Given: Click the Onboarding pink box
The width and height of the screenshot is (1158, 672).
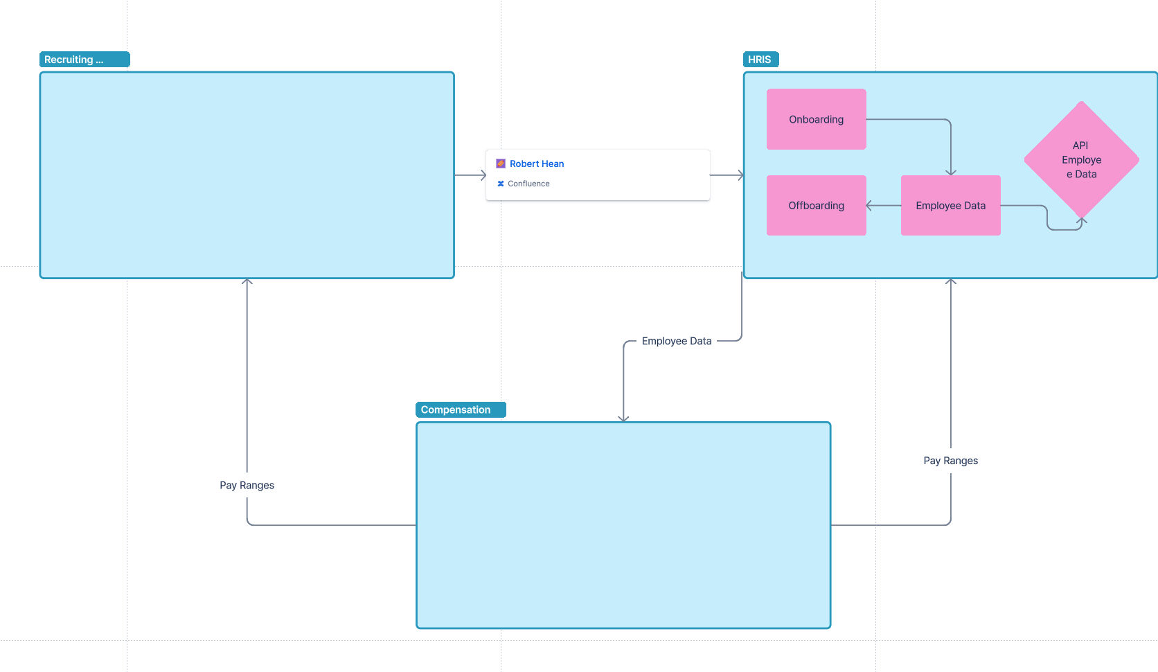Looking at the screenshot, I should point(816,119).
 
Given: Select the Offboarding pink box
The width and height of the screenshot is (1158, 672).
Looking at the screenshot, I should point(816,206).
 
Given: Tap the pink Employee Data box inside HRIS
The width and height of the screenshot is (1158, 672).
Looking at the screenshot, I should point(950,206).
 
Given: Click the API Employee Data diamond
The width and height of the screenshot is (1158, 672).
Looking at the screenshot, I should point(1081,160).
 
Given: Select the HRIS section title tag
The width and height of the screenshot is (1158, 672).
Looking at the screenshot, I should point(760,60).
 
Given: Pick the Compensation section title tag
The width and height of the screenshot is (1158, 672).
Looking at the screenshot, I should point(461,409).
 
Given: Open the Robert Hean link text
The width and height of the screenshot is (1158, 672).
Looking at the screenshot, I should point(537,163).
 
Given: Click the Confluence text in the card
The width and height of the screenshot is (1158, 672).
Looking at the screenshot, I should point(528,184).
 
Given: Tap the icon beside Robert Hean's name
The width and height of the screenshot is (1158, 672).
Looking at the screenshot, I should point(501,163).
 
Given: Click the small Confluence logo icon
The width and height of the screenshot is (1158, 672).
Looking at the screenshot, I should point(501,184).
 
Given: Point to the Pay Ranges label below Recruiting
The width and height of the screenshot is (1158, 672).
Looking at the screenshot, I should point(247,485).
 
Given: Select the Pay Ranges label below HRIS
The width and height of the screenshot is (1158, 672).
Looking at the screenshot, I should point(950,461).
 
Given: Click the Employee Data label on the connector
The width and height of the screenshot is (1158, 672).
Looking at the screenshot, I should point(676,341).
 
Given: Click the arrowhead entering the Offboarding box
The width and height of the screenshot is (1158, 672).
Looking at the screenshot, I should point(870,206).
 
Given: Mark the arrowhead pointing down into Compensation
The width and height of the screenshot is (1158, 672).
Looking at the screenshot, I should point(623,418).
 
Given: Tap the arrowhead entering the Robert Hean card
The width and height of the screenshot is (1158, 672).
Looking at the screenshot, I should point(483,175).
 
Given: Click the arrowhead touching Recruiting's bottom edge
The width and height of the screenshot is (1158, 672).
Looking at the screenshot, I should point(247,282).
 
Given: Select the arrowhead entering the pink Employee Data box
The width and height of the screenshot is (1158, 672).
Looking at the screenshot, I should point(950,172).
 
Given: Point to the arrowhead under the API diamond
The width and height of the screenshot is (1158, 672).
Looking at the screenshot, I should point(1082,221).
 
